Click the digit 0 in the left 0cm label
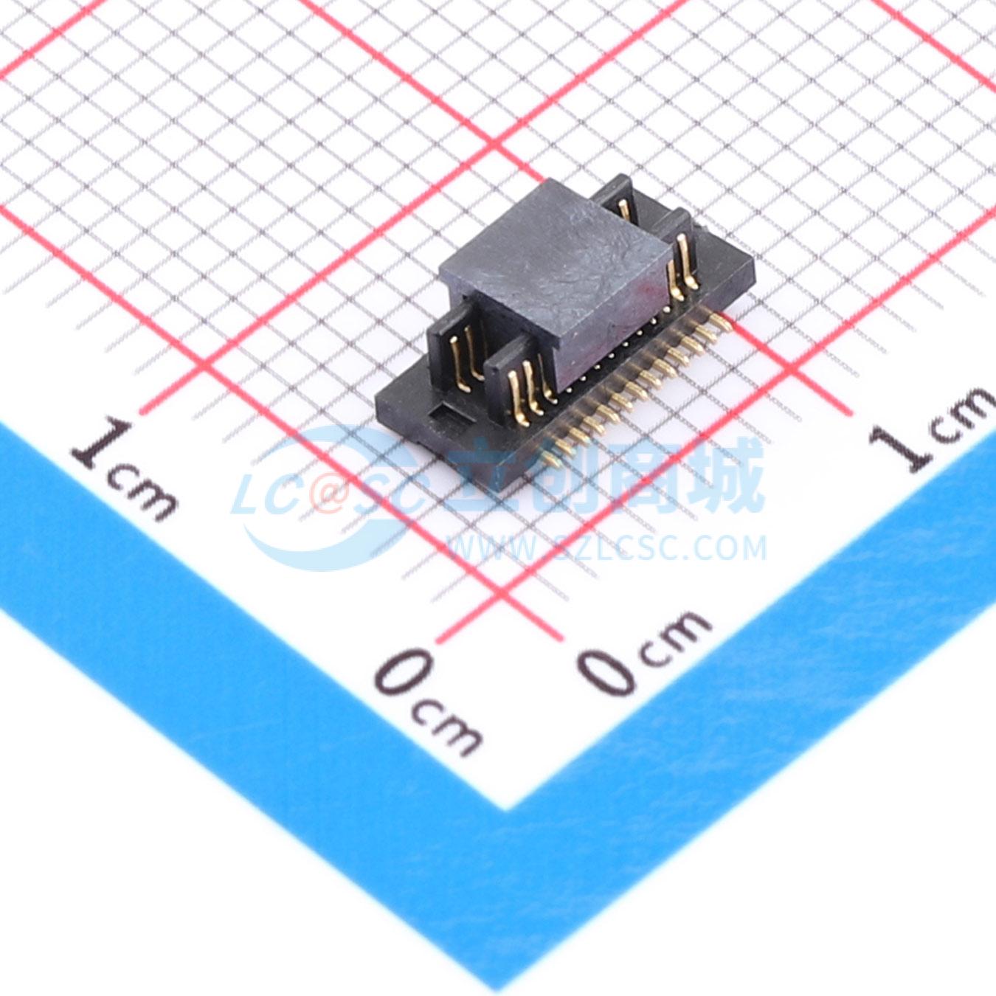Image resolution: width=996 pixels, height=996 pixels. point(405,673)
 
